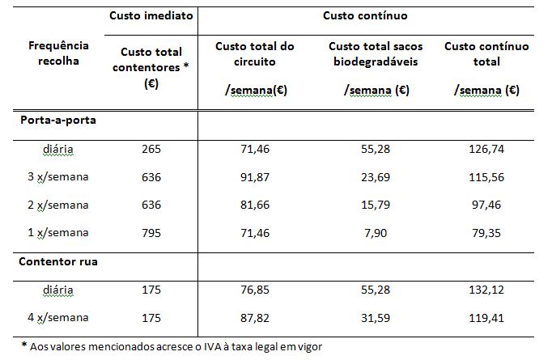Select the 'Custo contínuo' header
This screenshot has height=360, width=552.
click(x=365, y=15)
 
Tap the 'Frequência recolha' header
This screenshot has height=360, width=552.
click(x=57, y=53)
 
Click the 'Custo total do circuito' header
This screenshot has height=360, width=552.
click(x=255, y=53)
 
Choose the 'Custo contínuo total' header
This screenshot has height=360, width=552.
click(x=486, y=53)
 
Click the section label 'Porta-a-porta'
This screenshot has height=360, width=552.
click(x=53, y=120)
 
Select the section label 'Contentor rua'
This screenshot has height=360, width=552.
click(x=53, y=261)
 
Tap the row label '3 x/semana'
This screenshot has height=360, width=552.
click(x=58, y=177)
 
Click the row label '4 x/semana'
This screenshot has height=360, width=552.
click(x=58, y=317)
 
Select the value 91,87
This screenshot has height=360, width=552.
click(x=255, y=177)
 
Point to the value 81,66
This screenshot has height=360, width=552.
click(x=255, y=205)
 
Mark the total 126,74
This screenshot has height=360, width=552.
click(x=486, y=149)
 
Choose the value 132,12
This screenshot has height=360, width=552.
click(x=486, y=290)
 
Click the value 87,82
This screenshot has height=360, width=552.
click(x=255, y=317)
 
